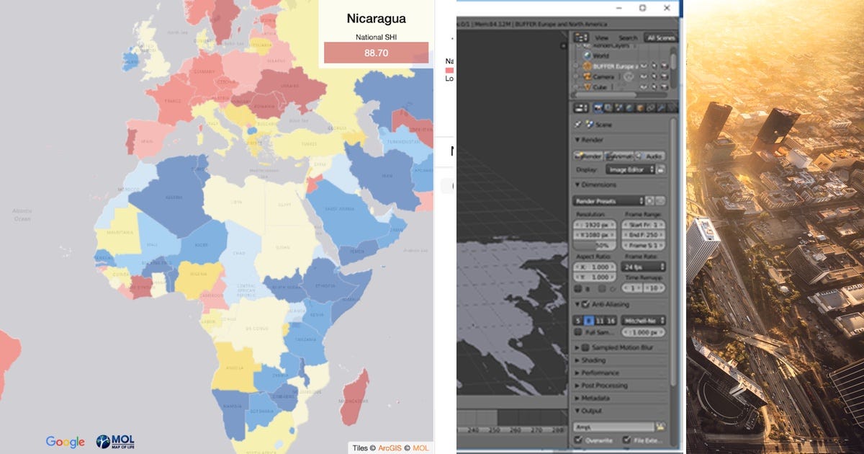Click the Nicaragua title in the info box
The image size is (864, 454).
pos(375,18)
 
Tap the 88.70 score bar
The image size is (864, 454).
pos(376,53)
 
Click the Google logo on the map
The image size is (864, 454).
pos(65,442)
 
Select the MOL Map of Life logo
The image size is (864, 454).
pos(115,442)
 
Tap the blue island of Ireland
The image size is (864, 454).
pos(131,59)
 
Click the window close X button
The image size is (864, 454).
pos(667,8)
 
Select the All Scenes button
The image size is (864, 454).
pos(660,37)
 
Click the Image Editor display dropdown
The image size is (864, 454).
pos(630,169)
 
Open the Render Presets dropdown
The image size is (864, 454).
pos(608,201)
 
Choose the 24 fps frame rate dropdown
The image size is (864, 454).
pos(642,267)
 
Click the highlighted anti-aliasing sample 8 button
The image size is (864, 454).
pos(588,320)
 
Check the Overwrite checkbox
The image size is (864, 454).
pos(578,440)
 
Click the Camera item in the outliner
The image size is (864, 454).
pos(602,76)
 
